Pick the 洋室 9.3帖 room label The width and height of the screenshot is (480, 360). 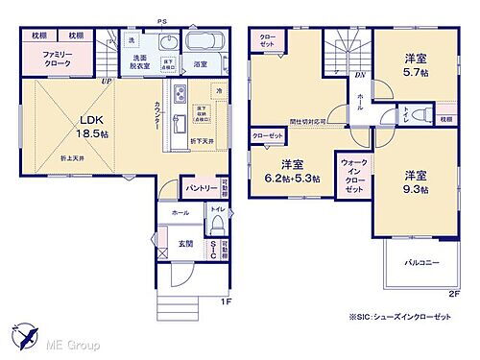pyautogui.click(x=414, y=182)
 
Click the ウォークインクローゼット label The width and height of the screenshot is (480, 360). pyautogui.click(x=352, y=178)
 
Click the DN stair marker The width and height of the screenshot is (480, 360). pyautogui.click(x=359, y=74)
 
